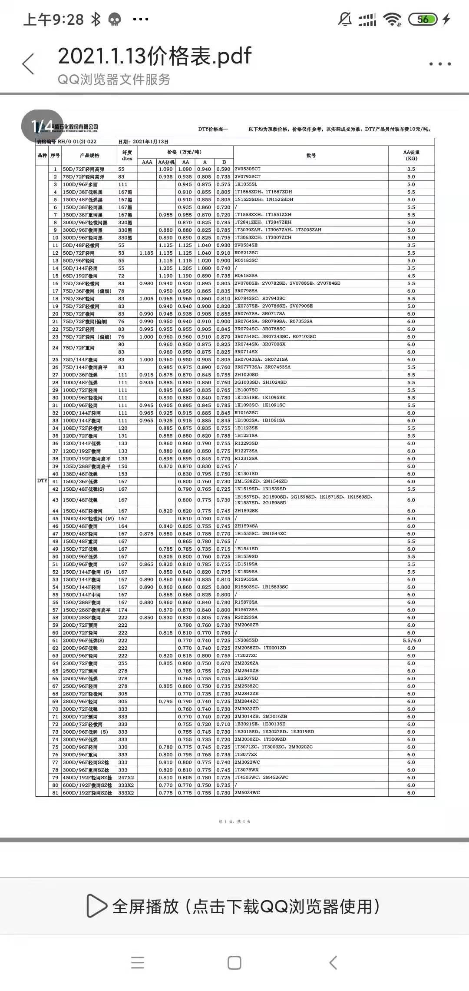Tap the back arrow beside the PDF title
[x=28, y=64]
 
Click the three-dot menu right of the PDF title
[x=440, y=64]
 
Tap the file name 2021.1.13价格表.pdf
[x=155, y=56]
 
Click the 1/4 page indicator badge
[x=42, y=126]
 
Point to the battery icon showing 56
[x=423, y=19]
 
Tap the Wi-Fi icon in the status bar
[x=392, y=19]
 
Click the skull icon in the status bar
[x=115, y=20]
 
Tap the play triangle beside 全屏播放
[x=96, y=906]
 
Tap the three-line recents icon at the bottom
[x=138, y=962]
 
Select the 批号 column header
[x=311, y=155]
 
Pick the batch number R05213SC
[x=246, y=253]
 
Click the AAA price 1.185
[x=147, y=253]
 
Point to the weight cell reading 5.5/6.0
[x=411, y=640]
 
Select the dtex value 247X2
[x=126, y=777]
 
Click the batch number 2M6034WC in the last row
[x=247, y=792]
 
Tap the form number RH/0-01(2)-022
[x=77, y=142]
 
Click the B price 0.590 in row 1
[x=223, y=169]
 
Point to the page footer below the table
[x=234, y=821]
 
